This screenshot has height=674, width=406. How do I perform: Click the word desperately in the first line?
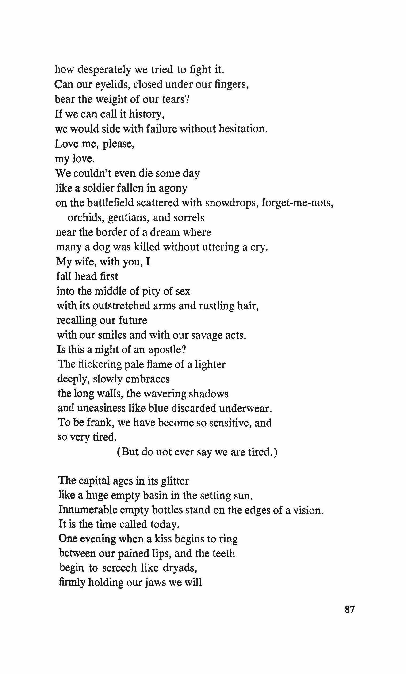click(x=104, y=70)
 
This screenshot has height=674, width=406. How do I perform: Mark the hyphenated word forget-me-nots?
click(x=297, y=203)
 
